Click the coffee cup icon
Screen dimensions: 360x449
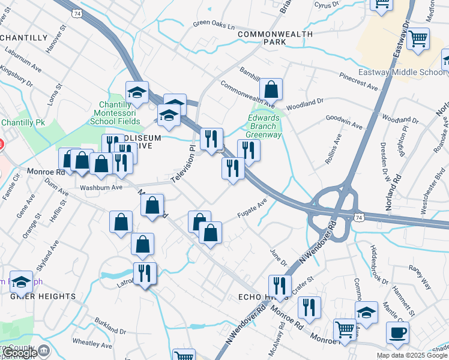[x=397, y=332]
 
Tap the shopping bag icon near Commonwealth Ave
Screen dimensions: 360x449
[x=271, y=89]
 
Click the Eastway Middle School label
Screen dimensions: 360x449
[x=402, y=73]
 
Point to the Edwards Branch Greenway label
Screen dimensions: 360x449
[x=265, y=127]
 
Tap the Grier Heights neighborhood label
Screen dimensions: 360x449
[x=43, y=296]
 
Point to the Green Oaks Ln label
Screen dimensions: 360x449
[x=213, y=26]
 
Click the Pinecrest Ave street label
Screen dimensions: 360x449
[x=358, y=82]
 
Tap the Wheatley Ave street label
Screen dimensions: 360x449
[x=92, y=345]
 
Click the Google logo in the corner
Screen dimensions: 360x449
[x=19, y=353]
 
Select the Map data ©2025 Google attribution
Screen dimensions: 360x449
[x=412, y=355]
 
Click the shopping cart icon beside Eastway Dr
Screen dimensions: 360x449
[x=418, y=38]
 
